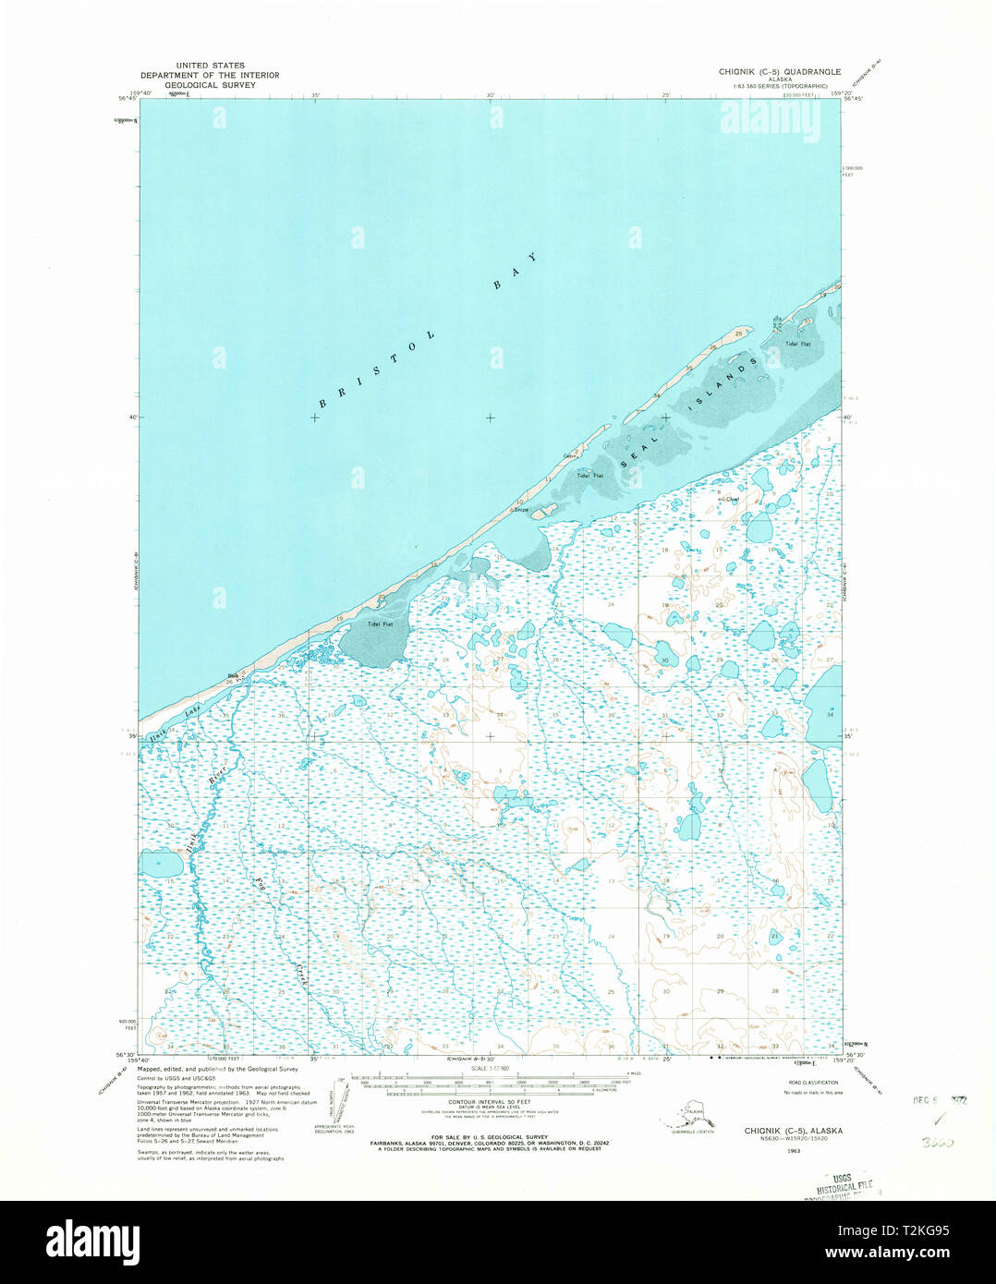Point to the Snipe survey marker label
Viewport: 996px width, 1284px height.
[520, 510]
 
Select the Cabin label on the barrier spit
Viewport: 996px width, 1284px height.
[571, 455]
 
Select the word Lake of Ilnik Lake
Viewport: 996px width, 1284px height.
[191, 710]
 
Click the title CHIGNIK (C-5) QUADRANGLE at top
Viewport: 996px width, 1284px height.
[780, 71]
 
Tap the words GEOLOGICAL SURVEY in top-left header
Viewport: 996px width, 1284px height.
[210, 84]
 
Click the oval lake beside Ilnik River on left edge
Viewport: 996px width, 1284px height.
[161, 866]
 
